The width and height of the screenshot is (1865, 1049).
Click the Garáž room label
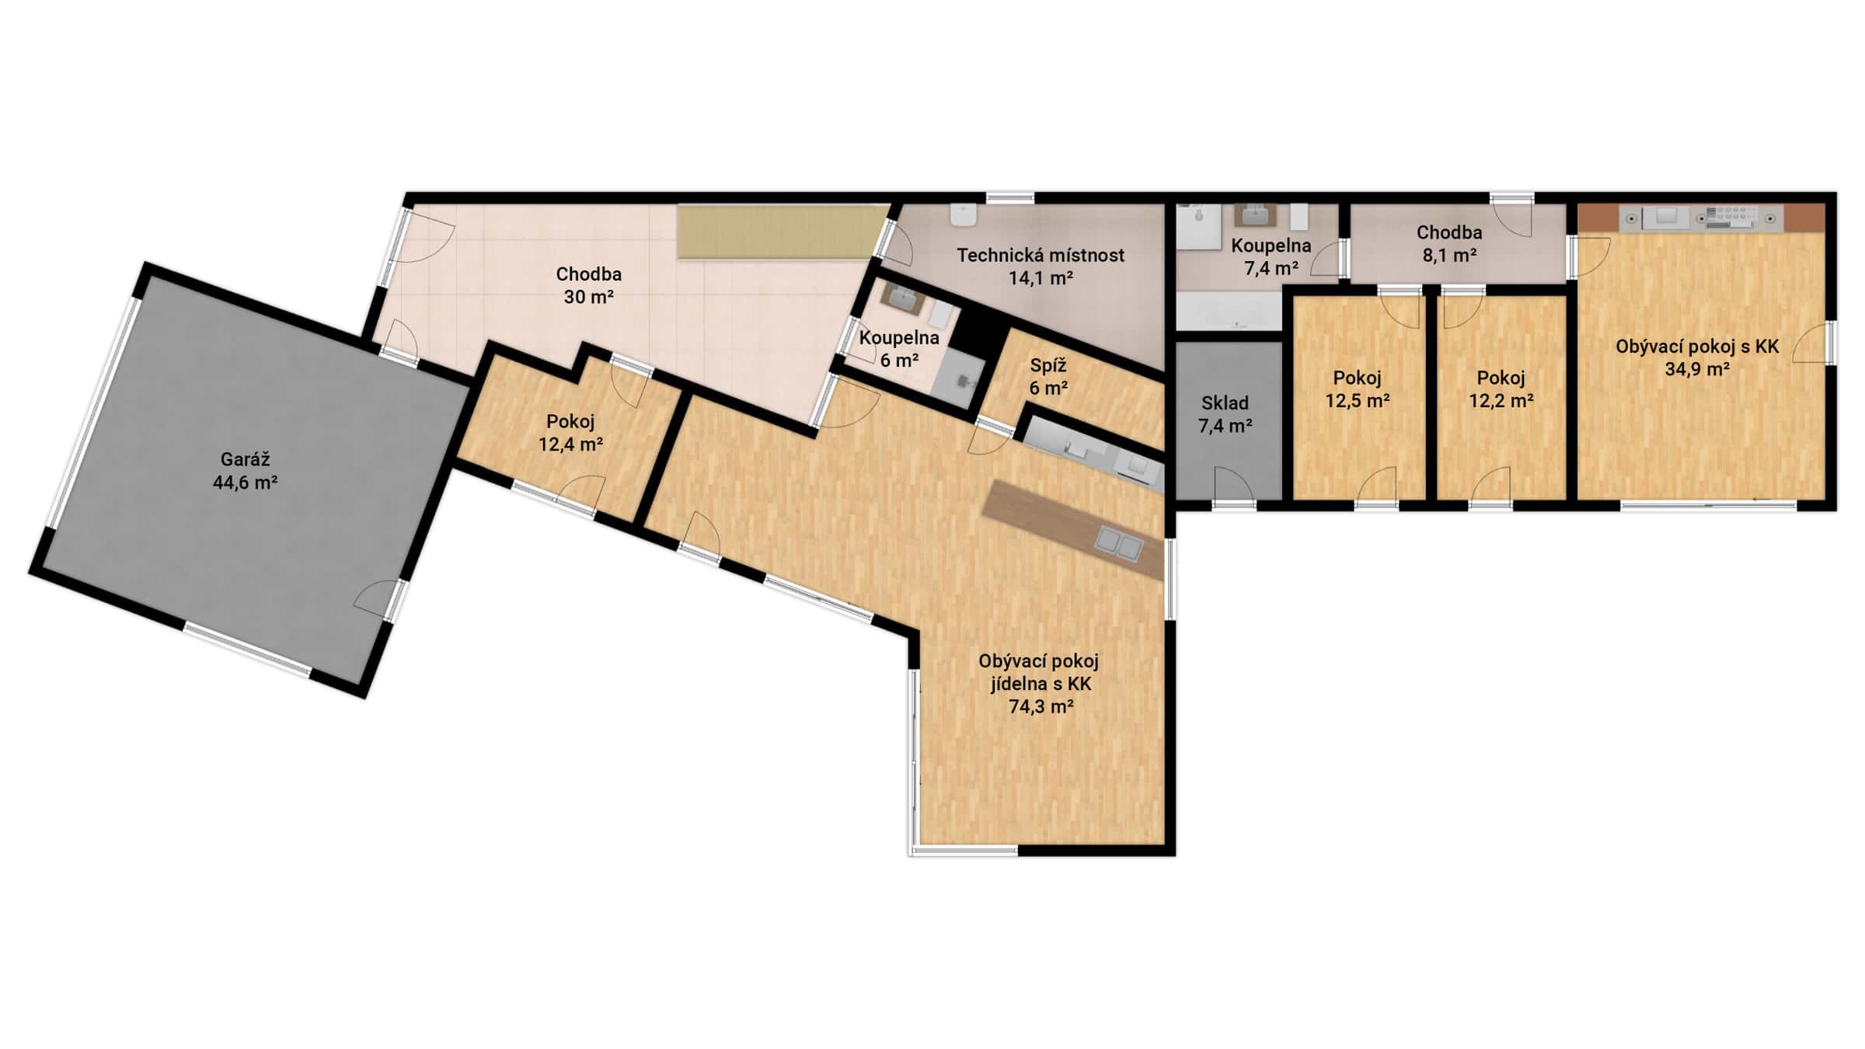pos(245,459)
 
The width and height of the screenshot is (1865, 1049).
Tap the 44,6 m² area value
pos(245,483)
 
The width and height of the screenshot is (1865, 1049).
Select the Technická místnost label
pos(1040,255)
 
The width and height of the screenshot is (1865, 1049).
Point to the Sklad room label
pos(1225,403)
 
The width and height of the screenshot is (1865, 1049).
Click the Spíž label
pos(1048,365)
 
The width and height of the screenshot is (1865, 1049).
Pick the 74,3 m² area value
pos(1041,706)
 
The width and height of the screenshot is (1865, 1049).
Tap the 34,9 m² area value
pos(1696,369)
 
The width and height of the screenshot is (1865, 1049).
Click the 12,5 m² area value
pos(1357,401)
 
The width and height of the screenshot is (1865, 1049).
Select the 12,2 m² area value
pos(1501,401)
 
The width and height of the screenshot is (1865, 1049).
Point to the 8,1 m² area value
pos(1448,255)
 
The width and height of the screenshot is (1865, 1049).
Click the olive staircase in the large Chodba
pos(780,232)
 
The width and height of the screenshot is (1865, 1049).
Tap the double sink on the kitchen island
pos(1118,543)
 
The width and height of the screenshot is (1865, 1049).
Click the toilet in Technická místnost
pos(964,215)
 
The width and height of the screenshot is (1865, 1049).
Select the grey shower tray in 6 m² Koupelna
pos(957,378)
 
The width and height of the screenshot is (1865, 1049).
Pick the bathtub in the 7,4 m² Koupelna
pos(1228,312)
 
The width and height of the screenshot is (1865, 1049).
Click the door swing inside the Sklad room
pos(1232,483)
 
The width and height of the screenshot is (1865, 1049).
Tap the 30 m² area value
pos(588,297)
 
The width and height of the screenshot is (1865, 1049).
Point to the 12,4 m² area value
pos(570,444)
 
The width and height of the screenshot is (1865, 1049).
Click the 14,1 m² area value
pos(1040,277)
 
